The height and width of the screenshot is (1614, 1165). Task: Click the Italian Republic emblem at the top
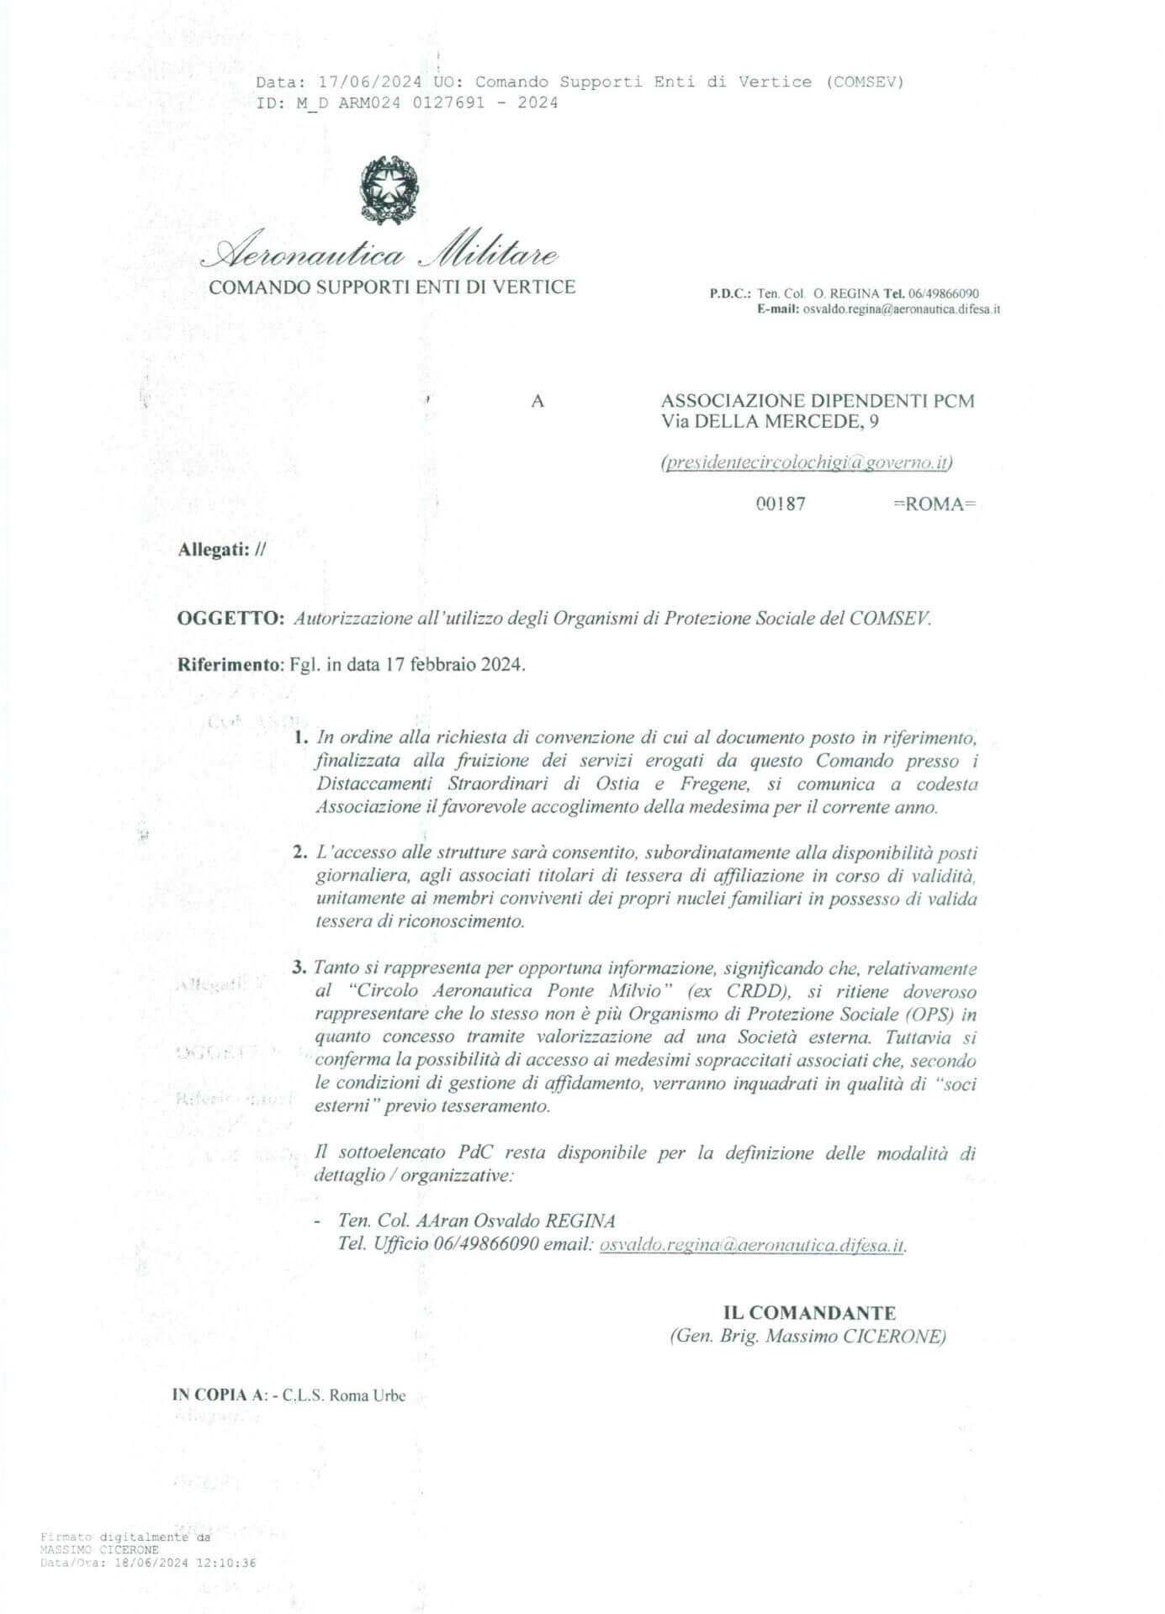[x=388, y=189]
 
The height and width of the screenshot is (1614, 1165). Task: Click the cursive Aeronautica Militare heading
[x=386, y=251]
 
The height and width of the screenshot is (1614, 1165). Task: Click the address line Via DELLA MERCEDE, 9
[x=770, y=422]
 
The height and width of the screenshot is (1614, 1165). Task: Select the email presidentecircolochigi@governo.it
[x=807, y=462]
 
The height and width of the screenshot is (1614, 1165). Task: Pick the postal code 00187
[x=781, y=504]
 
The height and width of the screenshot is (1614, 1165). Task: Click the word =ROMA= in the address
[x=934, y=504]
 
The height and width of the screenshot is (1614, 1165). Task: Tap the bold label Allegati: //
[x=222, y=550]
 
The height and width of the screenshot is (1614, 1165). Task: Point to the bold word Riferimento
[x=227, y=664]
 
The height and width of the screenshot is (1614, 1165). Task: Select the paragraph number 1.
[x=300, y=738]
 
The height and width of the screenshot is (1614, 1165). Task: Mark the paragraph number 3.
[x=299, y=968]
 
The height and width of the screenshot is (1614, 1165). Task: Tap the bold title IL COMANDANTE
[x=809, y=1313]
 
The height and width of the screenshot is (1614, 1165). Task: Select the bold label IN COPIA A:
[x=220, y=1395]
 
